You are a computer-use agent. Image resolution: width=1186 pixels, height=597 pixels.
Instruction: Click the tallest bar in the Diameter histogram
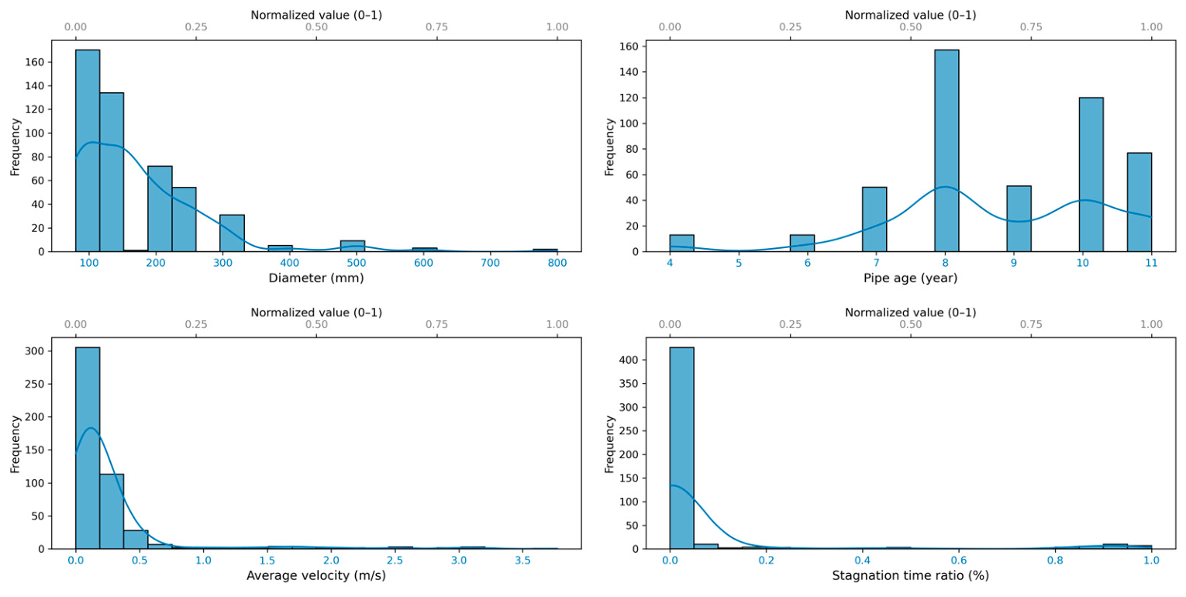(x=88, y=150)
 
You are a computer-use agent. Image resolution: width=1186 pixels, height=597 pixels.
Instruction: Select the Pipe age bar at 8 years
(x=946, y=150)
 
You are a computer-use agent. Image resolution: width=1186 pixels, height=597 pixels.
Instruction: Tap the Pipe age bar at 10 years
(x=1091, y=174)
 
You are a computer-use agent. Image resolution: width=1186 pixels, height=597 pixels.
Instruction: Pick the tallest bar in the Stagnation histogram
(x=681, y=448)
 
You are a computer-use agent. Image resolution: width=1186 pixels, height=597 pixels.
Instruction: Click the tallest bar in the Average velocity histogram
(x=88, y=448)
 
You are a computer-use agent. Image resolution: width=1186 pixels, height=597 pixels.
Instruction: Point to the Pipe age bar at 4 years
(x=681, y=243)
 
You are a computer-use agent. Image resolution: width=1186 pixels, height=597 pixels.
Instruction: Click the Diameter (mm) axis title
(x=316, y=278)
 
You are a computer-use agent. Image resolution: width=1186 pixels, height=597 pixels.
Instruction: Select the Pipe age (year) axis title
(x=910, y=278)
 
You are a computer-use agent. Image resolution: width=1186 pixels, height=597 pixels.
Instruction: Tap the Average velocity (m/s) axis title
(x=316, y=576)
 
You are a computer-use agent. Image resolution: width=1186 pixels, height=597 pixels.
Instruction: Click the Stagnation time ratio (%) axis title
(x=910, y=576)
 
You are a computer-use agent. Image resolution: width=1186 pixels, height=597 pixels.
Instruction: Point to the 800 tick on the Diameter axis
(x=557, y=264)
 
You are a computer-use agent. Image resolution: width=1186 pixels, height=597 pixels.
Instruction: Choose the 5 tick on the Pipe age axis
(x=739, y=264)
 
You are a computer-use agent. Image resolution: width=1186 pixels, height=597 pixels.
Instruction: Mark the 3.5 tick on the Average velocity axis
(x=522, y=561)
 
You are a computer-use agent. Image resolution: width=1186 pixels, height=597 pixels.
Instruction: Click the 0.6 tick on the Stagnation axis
(x=958, y=561)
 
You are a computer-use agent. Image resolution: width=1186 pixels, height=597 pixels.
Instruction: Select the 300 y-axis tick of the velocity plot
(x=34, y=351)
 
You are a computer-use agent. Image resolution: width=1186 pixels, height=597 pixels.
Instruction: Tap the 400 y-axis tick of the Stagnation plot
(x=629, y=361)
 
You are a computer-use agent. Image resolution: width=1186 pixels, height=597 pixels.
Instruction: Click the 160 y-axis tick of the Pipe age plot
(x=629, y=47)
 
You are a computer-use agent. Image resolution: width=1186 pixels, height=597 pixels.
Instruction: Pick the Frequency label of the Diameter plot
(x=16, y=147)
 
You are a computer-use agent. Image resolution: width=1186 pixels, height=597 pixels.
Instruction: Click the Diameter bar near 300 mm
(x=232, y=233)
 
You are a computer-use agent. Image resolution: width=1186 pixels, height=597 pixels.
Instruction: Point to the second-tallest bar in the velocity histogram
(x=112, y=511)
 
